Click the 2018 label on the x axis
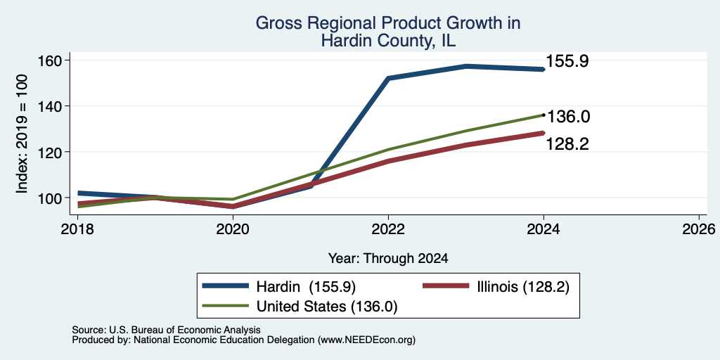pos(77,229)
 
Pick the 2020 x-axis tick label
pos(233,229)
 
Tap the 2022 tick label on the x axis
pos(388,229)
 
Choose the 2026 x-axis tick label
pos(699,229)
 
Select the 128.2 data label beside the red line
pos(567,144)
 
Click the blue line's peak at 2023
pos(466,66)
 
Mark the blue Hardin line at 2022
pos(388,78)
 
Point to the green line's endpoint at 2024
pos(544,115)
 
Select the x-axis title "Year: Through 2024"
pos(388,259)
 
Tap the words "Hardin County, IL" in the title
pos(388,41)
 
